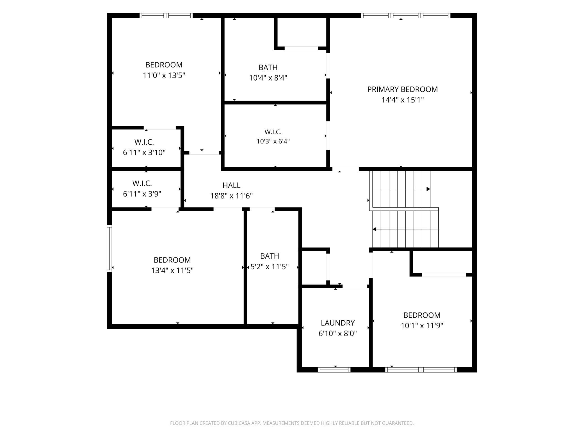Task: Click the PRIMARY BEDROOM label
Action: pos(402,89)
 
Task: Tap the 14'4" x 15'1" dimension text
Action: pos(402,100)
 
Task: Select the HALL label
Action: pos(231,185)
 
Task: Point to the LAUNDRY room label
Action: pos(338,323)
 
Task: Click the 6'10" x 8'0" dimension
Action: pos(338,334)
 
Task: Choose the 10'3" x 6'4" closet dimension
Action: pos(273,141)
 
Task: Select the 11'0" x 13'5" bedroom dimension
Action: pos(164,76)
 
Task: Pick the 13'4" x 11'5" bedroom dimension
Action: pos(172,270)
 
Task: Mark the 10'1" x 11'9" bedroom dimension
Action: pos(422,326)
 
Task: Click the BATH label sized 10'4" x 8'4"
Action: pos(268,67)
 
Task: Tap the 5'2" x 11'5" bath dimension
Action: pos(270,267)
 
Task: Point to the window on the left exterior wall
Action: pos(109,248)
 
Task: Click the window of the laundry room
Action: pos(334,370)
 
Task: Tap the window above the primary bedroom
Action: pos(406,15)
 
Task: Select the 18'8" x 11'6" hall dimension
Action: pos(231,196)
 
